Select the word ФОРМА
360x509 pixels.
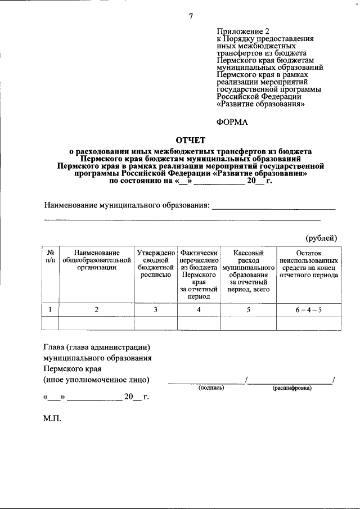click(x=233, y=121)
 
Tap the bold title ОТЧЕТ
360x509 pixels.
click(x=191, y=139)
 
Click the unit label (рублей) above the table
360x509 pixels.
click(x=321, y=238)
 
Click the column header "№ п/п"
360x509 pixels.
click(x=51, y=258)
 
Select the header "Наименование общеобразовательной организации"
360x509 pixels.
click(x=97, y=260)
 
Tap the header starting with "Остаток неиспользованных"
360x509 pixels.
click(x=309, y=264)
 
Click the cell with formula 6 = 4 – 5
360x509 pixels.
click(x=309, y=309)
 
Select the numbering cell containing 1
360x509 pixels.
click(x=51, y=309)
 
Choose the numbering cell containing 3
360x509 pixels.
click(x=156, y=309)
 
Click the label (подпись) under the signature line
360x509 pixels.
click(x=210, y=388)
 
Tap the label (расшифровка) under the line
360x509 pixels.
click(x=292, y=388)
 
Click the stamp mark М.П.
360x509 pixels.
click(x=52, y=419)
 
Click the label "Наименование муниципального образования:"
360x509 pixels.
click(x=127, y=205)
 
